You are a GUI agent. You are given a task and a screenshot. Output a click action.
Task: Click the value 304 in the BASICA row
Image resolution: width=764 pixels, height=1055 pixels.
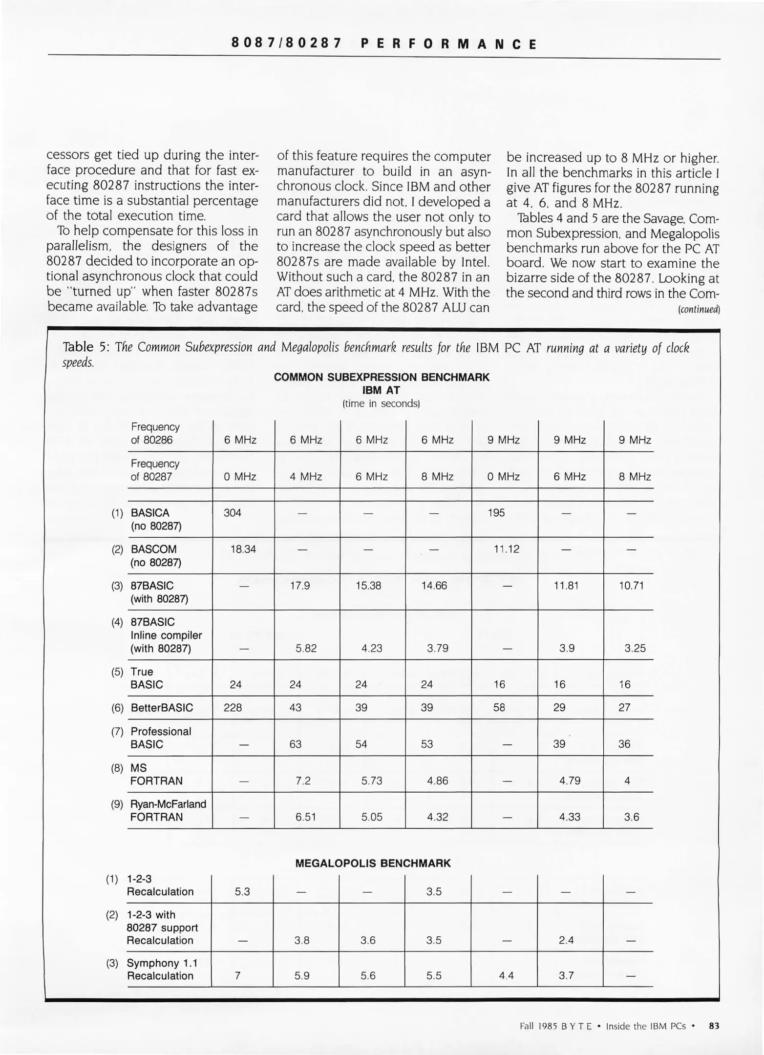coord(232,513)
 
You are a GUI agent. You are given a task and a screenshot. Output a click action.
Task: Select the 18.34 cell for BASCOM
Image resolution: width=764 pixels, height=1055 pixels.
coord(243,549)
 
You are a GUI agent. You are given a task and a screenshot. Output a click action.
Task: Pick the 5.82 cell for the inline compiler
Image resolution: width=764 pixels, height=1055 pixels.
coord(306,648)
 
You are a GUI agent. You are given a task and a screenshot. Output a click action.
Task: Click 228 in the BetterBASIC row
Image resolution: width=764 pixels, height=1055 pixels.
coord(233,707)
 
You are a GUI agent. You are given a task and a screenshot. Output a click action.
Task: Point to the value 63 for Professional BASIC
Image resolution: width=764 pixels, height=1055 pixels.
coord(295,744)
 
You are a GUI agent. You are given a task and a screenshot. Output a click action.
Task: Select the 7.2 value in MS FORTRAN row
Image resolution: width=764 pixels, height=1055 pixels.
coord(303,781)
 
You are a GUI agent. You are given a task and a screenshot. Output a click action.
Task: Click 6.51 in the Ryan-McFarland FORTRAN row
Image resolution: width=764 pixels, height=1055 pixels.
coord(306,817)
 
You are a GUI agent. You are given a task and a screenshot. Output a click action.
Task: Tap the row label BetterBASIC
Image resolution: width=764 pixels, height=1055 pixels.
coord(162,708)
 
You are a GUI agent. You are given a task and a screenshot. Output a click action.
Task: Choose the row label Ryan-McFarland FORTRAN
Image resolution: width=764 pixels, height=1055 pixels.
coord(168,811)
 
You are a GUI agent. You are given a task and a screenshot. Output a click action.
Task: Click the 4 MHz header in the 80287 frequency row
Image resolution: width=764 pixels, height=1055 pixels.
coord(306,477)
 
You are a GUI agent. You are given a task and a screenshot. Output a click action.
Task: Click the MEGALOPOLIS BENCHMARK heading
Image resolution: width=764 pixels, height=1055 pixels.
coord(373,863)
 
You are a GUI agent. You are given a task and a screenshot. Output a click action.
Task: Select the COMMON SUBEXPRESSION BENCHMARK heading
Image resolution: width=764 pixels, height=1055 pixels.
coord(382,377)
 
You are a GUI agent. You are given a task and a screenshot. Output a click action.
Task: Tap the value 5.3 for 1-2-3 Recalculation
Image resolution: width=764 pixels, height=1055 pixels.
coord(242,891)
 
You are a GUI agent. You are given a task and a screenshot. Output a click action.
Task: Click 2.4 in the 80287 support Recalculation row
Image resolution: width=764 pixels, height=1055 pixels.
coord(566,940)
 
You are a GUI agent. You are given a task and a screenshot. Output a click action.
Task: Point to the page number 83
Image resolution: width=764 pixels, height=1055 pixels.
coord(714,1026)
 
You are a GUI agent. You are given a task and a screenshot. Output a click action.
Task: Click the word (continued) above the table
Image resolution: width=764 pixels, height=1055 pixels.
coord(699,310)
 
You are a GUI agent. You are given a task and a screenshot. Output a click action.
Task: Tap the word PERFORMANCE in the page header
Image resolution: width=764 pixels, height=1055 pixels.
coord(448,44)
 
